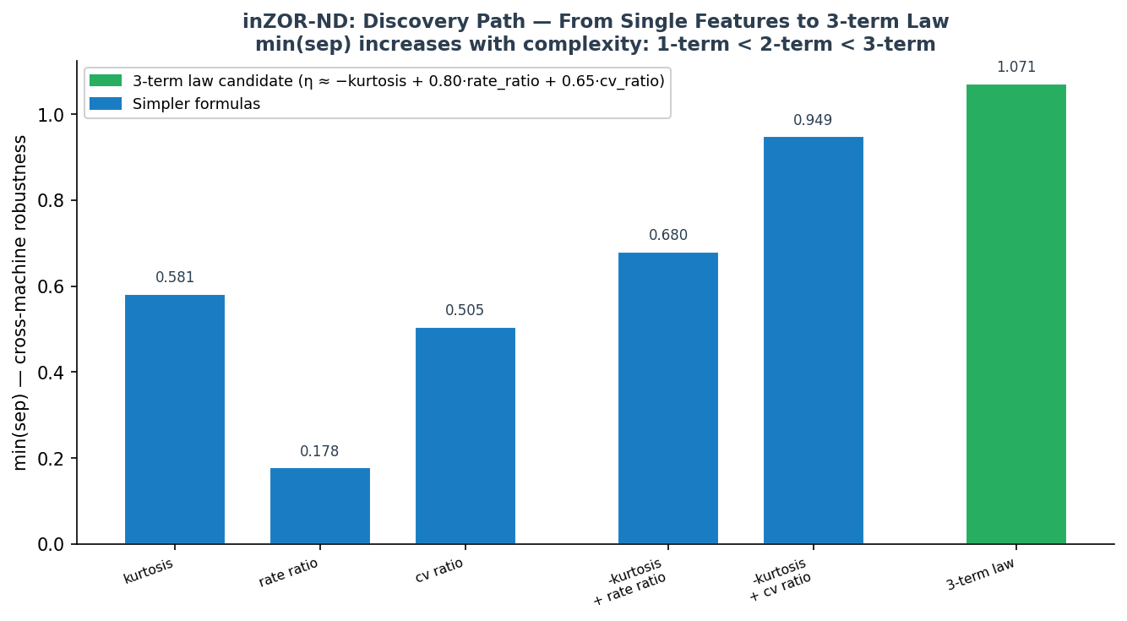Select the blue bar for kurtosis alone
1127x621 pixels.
[175, 419]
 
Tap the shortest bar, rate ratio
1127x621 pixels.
[319, 506]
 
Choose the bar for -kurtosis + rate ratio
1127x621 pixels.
[667, 398]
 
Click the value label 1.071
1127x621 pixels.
[1015, 68]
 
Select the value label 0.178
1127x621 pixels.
[319, 452]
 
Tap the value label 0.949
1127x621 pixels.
[813, 121]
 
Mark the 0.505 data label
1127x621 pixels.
[465, 311]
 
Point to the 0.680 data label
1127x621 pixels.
[667, 236]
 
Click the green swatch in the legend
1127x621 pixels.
[106, 81]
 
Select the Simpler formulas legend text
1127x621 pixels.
[196, 105]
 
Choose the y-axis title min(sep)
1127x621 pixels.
[20, 302]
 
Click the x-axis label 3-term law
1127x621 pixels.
[980, 575]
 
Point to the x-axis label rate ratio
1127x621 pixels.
[289, 572]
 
